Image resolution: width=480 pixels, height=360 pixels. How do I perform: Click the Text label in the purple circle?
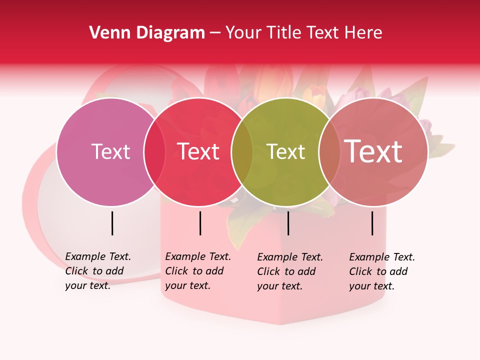pos(110,151)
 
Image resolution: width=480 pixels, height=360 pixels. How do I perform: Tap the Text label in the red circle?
pos(198,151)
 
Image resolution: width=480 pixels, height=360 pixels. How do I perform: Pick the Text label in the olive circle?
pos(285,151)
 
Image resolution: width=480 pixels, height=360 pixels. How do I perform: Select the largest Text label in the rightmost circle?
pos(373,151)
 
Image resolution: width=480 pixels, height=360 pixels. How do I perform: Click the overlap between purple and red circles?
pos(154,151)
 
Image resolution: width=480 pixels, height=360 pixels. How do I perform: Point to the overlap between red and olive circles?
pos(242,151)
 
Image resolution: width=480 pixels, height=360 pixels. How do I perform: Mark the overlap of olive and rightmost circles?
pos(329,151)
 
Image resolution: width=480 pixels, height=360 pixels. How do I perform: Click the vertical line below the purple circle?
pos(112,223)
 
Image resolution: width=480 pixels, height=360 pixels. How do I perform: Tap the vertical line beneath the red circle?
pos(200,223)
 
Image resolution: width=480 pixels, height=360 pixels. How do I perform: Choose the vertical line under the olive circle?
pos(288,223)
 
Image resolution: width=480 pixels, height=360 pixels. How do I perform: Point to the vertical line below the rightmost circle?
pos(372,223)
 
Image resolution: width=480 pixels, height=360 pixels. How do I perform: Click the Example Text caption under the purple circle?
pos(98,271)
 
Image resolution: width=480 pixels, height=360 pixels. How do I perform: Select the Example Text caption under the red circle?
pos(198,271)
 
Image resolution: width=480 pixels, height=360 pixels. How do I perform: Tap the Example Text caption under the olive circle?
pos(290,271)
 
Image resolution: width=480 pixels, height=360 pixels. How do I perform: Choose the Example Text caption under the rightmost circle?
pos(382,271)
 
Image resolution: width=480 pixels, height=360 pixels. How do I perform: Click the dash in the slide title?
pos(215,33)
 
